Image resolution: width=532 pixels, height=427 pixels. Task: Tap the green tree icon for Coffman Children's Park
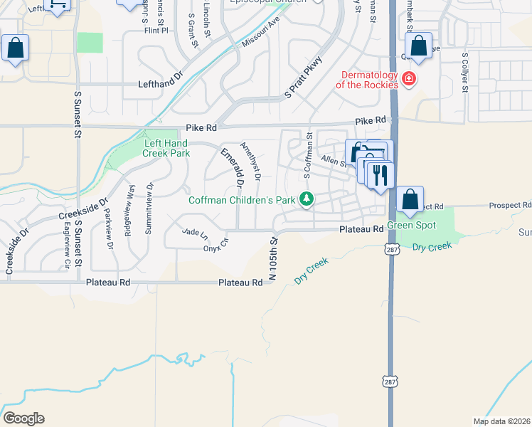(307, 199)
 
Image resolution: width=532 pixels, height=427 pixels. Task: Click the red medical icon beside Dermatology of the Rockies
(408, 78)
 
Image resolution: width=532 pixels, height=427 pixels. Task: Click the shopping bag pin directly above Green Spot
(410, 200)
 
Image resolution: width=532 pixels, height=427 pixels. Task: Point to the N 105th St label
(272, 260)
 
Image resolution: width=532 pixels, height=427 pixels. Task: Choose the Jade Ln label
(195, 233)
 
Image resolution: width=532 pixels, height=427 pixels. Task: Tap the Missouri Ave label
(261, 31)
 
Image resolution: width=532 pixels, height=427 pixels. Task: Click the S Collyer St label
(464, 72)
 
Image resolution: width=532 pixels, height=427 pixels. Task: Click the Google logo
(23, 418)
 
